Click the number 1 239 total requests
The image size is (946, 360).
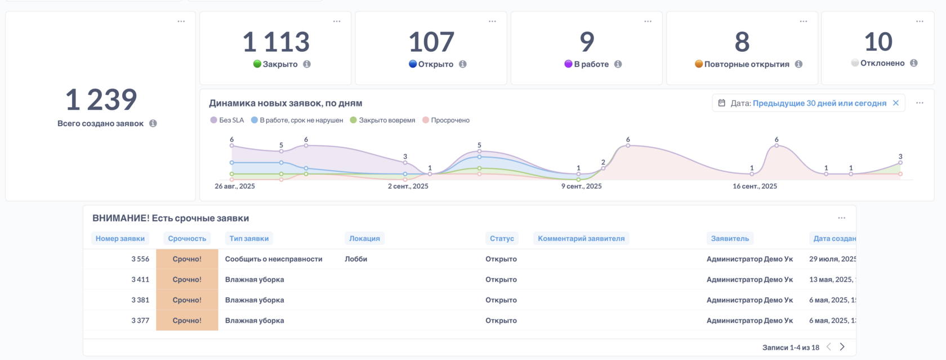[x=101, y=100]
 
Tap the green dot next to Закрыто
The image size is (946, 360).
[x=257, y=64]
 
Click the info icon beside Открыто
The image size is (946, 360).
[x=463, y=64]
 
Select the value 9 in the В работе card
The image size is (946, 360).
[x=587, y=42]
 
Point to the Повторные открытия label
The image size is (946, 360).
[x=747, y=64]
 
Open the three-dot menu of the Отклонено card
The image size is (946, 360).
[x=920, y=21]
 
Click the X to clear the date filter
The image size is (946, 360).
[x=896, y=103]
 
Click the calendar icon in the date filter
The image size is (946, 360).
[x=722, y=103]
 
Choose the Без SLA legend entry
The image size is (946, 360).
[x=227, y=120]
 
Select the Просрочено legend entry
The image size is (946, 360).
[x=446, y=120]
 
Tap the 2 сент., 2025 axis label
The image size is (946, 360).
[x=408, y=186]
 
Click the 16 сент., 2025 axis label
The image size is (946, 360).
[x=755, y=186]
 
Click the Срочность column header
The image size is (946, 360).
[x=187, y=238]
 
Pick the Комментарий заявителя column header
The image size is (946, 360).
[x=581, y=238]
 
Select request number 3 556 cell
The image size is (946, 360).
[x=140, y=259]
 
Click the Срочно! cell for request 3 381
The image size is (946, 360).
[x=187, y=300]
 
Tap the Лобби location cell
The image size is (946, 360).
[x=356, y=259]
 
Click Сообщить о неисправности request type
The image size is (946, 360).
[x=274, y=259]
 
